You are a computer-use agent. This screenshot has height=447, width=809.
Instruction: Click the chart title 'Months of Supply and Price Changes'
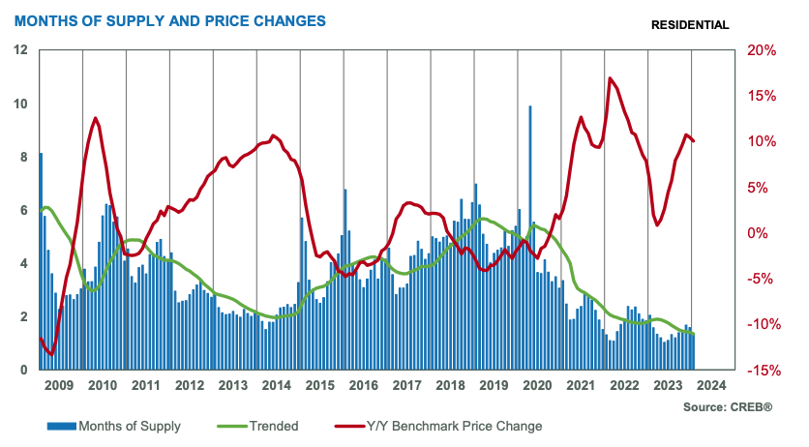coord(168,19)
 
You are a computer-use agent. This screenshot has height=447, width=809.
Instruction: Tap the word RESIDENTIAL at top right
coord(691,24)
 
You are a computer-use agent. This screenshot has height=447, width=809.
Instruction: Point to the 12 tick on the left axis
coord(19,50)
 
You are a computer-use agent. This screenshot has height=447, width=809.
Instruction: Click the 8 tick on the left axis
coord(22,157)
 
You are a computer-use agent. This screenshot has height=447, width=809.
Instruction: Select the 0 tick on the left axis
coord(22,370)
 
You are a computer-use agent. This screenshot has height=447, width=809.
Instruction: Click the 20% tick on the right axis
coord(760,50)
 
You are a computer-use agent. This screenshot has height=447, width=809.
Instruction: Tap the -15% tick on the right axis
coord(759,370)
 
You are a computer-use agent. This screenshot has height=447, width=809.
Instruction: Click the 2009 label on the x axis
coord(59,385)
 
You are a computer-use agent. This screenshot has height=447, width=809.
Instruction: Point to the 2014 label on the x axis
coord(277,385)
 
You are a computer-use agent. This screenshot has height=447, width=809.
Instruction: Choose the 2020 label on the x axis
coord(537,385)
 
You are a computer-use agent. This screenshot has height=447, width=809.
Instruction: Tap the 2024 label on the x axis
coord(711,385)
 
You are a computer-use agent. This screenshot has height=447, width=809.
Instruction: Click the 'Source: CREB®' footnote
coord(728,409)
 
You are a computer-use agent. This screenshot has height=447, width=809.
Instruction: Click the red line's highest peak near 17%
coord(610,78)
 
